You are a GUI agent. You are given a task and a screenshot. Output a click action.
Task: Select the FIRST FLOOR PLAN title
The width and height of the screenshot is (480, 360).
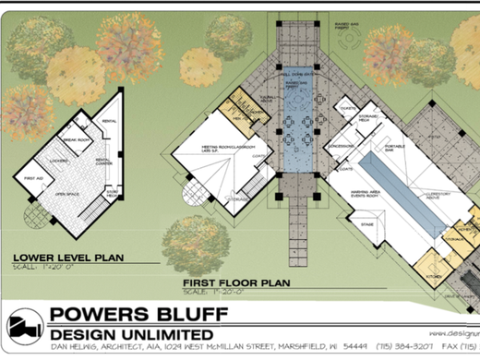coord(235,282)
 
